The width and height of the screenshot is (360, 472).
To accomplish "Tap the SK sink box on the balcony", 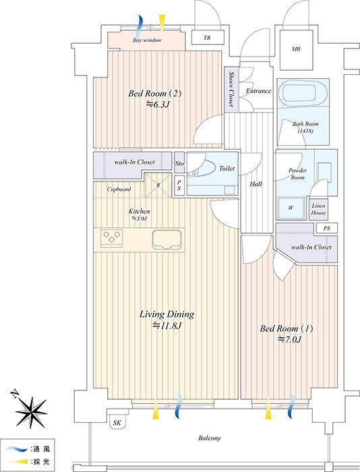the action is pyautogui.click(x=117, y=422).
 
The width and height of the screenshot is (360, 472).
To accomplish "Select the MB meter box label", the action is pyautogui.click(x=296, y=49).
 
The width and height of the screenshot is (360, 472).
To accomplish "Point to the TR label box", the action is pyautogui.click(x=208, y=38).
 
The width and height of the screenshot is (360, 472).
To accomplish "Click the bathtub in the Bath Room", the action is pyautogui.click(x=299, y=92).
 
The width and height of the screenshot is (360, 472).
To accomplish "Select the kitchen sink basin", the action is pyautogui.click(x=167, y=239).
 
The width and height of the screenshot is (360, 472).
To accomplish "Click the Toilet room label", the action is pyautogui.click(x=227, y=169).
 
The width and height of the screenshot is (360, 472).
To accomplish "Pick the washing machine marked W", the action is pyautogui.click(x=291, y=208).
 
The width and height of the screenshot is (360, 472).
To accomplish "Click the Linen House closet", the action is pyautogui.click(x=318, y=209).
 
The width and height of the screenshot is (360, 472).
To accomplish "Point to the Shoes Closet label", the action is pyautogui.click(x=231, y=89).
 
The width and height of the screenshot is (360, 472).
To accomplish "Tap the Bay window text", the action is pyautogui.click(x=147, y=40).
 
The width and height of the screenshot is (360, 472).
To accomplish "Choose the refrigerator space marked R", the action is pyautogui.click(x=158, y=185).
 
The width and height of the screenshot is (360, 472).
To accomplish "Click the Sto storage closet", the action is pyautogui.click(x=179, y=163).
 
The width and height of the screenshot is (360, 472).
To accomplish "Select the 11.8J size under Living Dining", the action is pyautogui.click(x=167, y=326).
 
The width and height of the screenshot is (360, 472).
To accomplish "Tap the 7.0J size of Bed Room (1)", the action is pyautogui.click(x=289, y=340).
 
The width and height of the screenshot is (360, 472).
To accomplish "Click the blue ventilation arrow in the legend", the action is pyautogui.click(x=17, y=449).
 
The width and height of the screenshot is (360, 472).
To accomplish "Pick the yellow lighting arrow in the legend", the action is pyautogui.click(x=18, y=461).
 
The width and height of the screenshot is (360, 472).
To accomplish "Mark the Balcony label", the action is pyautogui.click(x=210, y=438).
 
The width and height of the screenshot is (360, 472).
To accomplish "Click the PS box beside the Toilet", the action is pyautogui.click(x=179, y=185).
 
